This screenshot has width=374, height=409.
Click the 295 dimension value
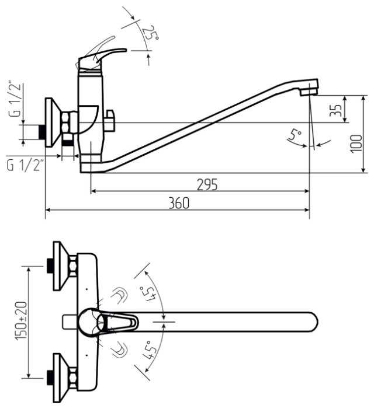coord(207,184)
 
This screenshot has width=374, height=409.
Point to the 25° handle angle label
coord(150,33)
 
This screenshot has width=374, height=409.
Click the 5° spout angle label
coord(296,137)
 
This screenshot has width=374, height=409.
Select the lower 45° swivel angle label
coord(148,349)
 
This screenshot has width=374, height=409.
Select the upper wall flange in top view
coord(61,265)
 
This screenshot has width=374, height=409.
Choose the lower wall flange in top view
coord(61,378)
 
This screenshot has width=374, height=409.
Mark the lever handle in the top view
coord(120,321)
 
